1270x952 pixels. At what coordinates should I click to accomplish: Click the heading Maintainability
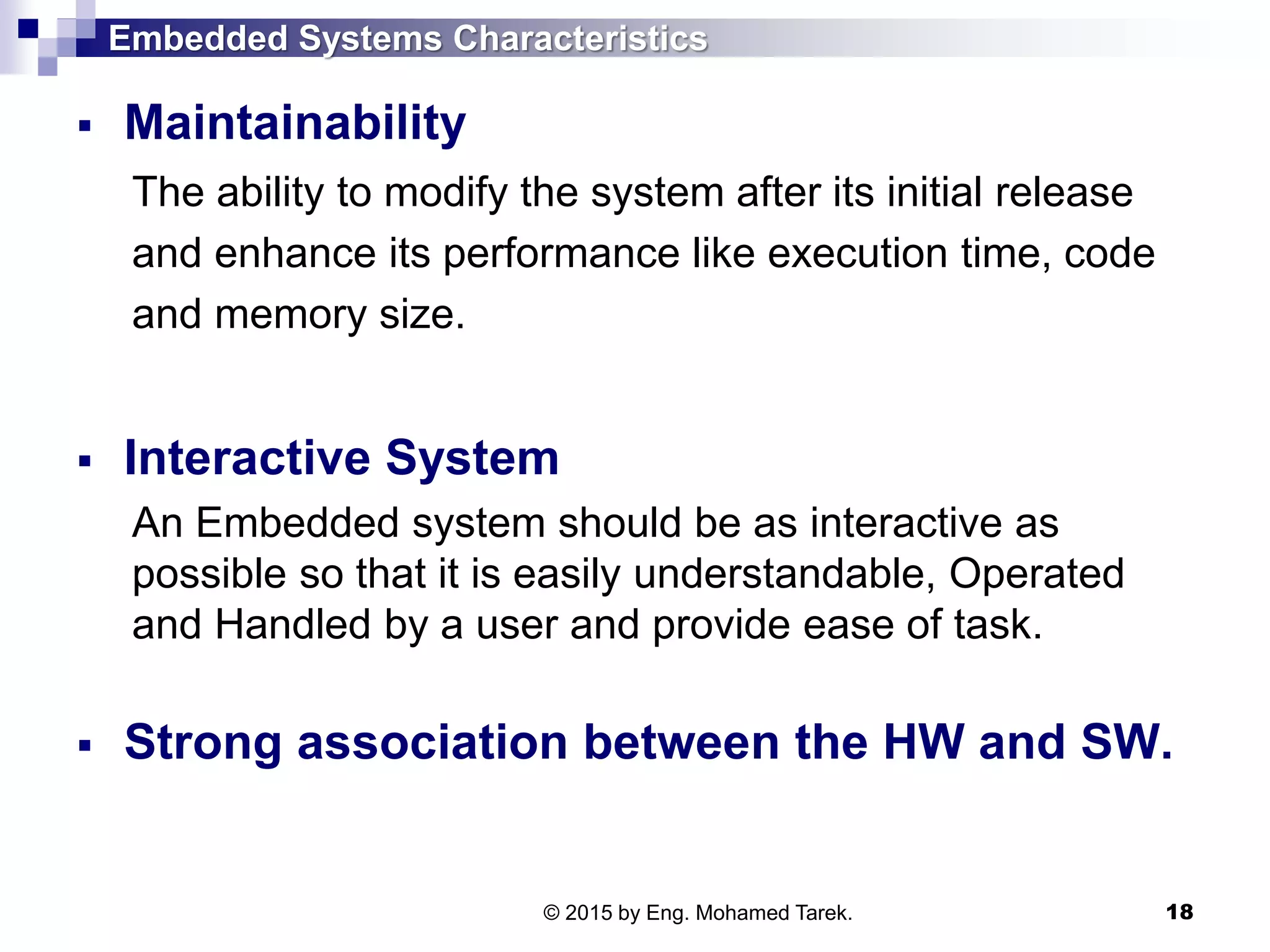[x=295, y=123]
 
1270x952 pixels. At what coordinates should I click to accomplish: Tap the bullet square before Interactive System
[x=85, y=461]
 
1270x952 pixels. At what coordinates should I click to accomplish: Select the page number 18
[x=1179, y=912]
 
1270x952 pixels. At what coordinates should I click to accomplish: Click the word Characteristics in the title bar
[x=580, y=38]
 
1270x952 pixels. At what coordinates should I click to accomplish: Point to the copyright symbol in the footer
[x=551, y=913]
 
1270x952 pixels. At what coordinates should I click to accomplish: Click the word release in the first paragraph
[x=1064, y=192]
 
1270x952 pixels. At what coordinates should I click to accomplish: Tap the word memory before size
[x=290, y=315]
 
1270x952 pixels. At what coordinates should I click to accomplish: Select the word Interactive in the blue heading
[x=247, y=458]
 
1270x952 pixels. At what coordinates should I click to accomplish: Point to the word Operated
[x=1036, y=573]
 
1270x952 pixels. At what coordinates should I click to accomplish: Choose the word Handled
[x=293, y=624]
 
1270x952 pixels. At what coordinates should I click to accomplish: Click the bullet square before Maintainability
[x=85, y=126]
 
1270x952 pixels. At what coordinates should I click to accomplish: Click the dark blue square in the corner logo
[x=28, y=29]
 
